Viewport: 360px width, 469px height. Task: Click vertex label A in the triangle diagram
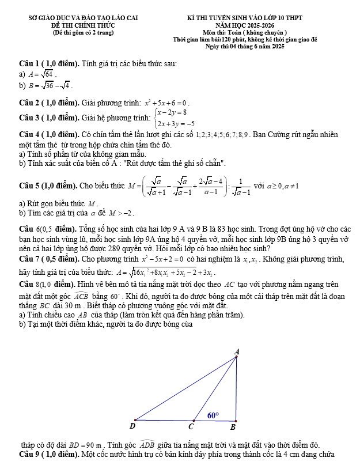tap(237, 351)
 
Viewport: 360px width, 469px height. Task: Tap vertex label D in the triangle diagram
tap(132, 426)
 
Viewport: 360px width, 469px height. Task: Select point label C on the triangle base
tap(191, 427)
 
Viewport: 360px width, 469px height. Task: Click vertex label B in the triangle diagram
tap(233, 427)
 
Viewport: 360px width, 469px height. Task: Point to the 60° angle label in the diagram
tap(213, 414)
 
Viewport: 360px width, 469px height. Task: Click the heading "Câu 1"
tap(29, 63)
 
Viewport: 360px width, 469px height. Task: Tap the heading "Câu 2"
tap(29, 102)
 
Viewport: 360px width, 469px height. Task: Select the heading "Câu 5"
tap(29, 187)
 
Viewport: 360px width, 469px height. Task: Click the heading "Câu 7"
tap(29, 259)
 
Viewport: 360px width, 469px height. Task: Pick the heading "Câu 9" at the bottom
tap(29, 455)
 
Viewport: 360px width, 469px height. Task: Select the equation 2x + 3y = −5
tap(175, 123)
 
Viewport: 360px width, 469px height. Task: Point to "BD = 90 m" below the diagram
tap(85, 445)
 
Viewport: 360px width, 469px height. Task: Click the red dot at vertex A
tap(237, 357)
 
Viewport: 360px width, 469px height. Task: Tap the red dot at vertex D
tap(135, 420)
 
